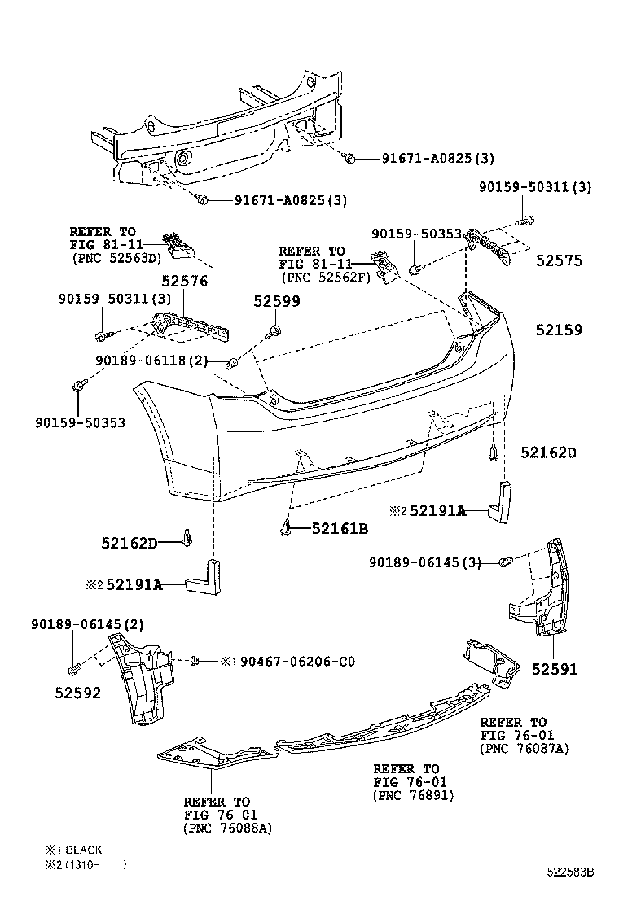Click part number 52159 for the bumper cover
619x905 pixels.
[559, 330]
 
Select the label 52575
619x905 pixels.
[559, 261]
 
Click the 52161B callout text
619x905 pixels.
[340, 529]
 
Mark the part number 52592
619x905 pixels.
[78, 693]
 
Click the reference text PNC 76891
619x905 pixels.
[413, 795]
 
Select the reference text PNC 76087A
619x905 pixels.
[525, 749]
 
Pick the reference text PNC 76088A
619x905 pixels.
[227, 828]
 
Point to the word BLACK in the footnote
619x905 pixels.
[84, 850]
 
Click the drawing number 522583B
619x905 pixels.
[569, 872]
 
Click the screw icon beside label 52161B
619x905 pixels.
[288, 527]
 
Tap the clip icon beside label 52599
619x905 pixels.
[274, 330]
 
